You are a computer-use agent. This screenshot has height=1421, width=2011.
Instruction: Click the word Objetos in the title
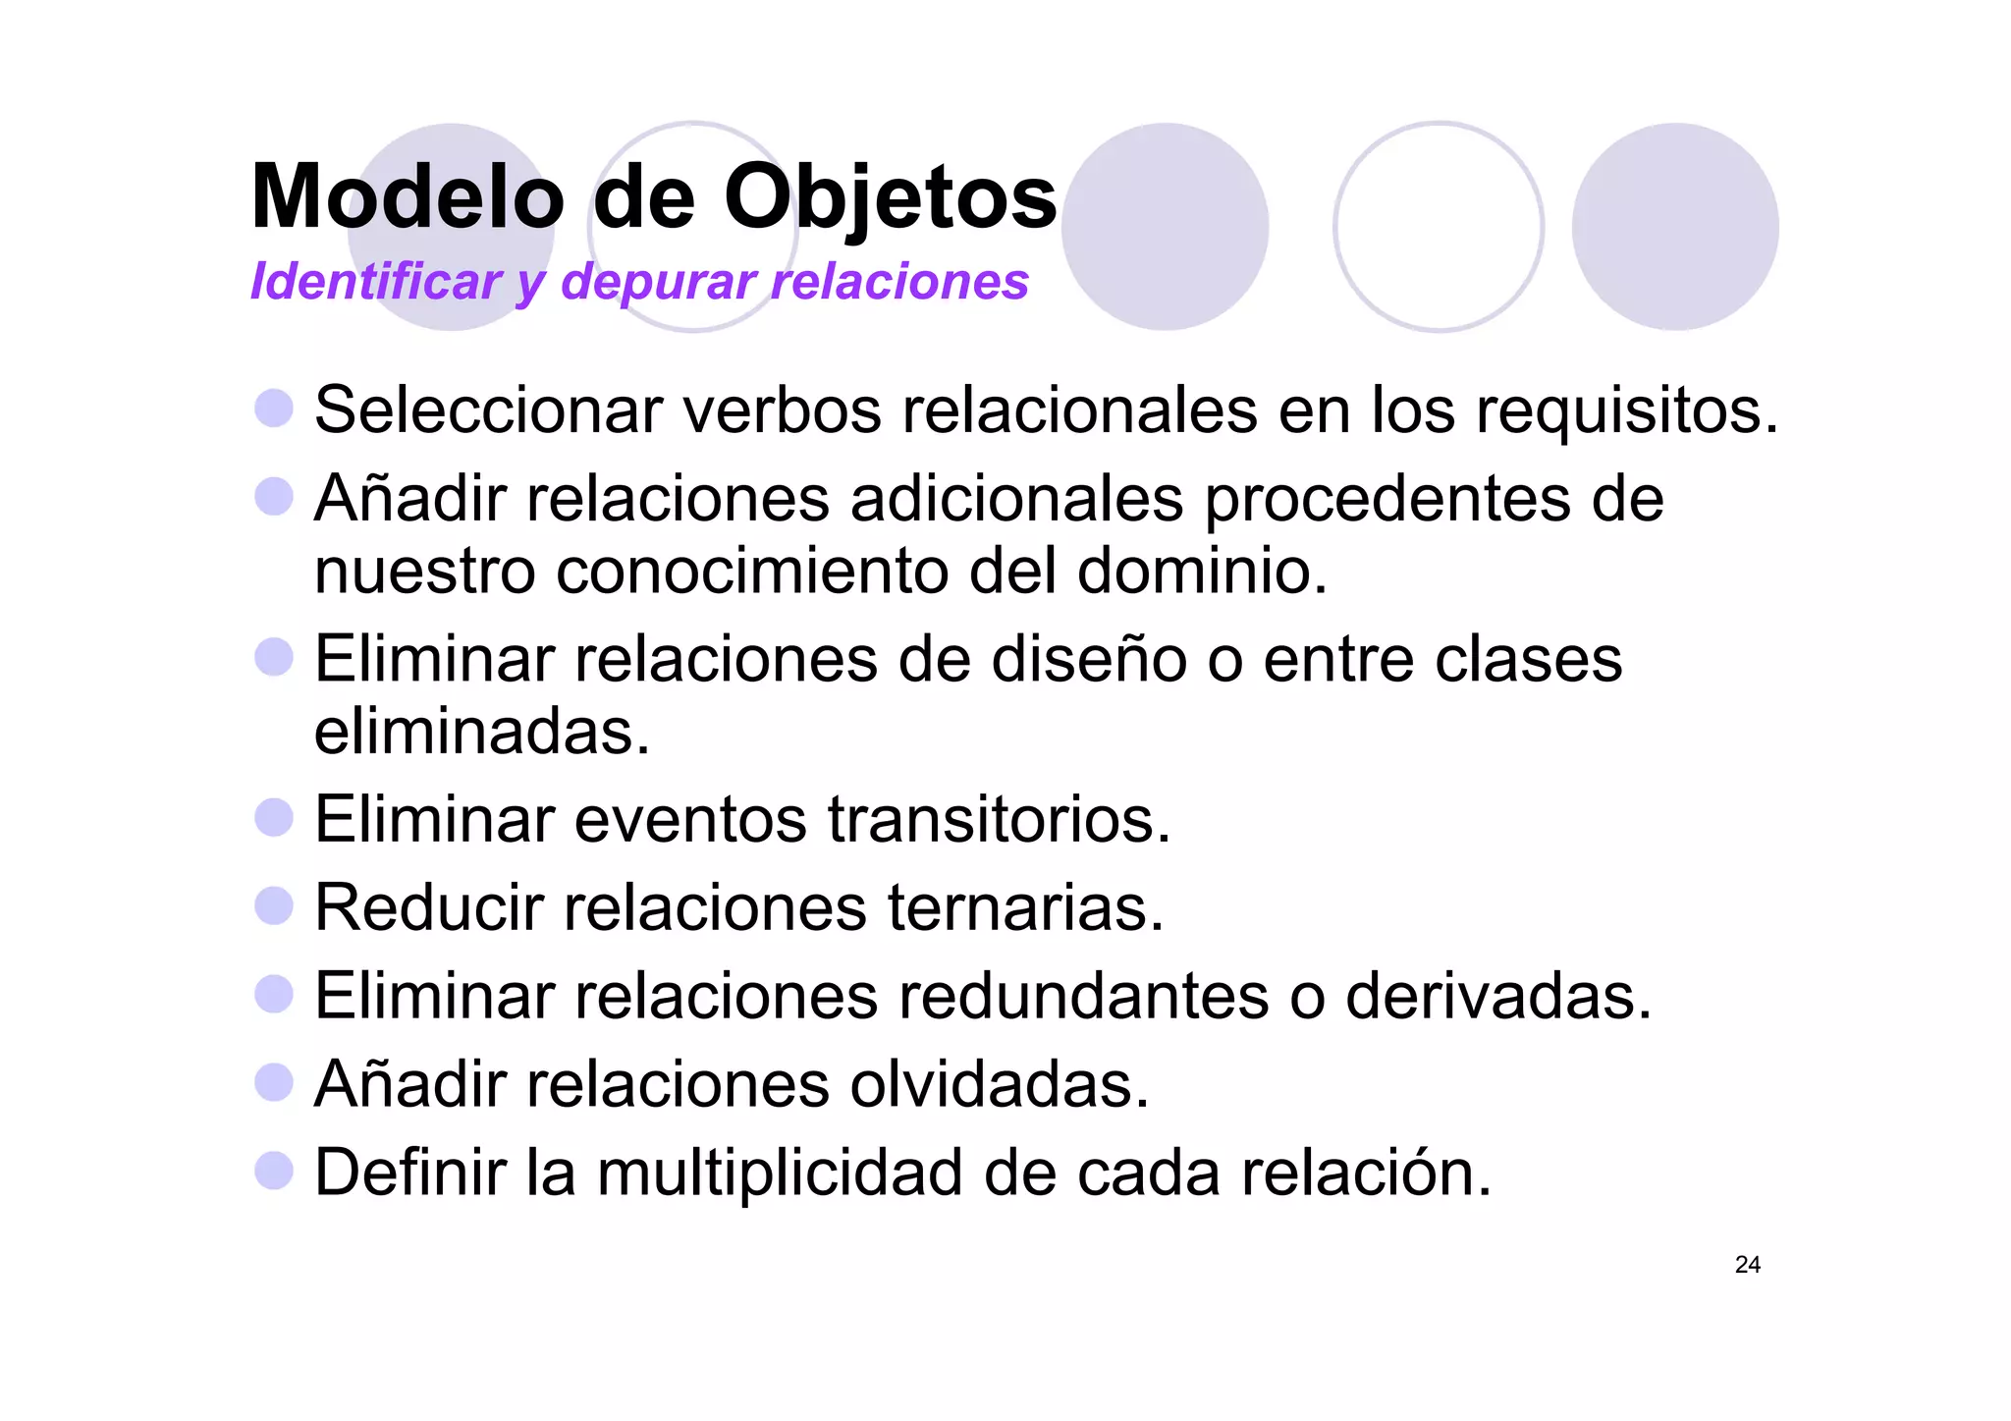890,197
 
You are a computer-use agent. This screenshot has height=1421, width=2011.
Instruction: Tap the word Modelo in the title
408,197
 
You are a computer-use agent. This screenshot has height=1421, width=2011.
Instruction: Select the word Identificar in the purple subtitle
376,282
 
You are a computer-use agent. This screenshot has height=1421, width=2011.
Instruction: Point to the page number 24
1747,1265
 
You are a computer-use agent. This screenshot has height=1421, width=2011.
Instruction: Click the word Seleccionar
488,410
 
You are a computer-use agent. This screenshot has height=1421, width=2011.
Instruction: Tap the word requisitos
1627,410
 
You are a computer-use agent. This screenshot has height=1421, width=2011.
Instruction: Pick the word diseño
1089,659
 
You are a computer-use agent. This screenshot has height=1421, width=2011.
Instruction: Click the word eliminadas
481,732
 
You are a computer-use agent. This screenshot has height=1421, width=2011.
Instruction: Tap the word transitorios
999,819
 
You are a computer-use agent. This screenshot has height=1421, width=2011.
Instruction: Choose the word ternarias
1025,907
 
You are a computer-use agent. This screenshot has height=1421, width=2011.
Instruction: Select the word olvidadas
999,1084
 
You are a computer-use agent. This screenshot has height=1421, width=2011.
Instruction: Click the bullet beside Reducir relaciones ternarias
274,905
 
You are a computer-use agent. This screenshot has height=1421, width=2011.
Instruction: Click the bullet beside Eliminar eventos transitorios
274,817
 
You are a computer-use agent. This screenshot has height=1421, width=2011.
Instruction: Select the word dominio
1202,571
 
